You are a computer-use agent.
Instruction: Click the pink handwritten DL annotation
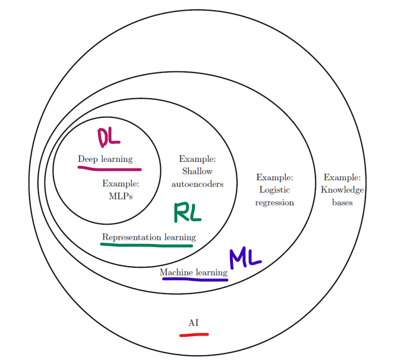click(109, 138)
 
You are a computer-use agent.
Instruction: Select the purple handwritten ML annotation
click(245, 258)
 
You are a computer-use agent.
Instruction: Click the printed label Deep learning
click(105, 159)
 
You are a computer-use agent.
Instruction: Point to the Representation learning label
click(149, 237)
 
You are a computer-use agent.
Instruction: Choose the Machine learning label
click(193, 273)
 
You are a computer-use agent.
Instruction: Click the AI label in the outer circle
click(193, 323)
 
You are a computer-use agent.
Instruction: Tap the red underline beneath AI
click(194, 334)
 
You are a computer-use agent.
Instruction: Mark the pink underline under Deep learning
click(105, 168)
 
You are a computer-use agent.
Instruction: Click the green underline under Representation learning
click(148, 245)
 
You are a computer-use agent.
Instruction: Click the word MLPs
click(121, 195)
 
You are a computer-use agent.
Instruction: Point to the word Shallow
click(197, 171)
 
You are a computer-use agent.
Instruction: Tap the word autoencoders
click(197, 184)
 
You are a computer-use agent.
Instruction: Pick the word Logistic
click(274, 190)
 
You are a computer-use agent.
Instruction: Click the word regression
click(275, 202)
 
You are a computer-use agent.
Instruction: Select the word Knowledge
click(342, 190)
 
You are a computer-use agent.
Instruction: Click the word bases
click(342, 202)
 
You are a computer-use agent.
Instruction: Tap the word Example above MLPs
click(121, 183)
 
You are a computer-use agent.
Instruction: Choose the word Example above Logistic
click(275, 177)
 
